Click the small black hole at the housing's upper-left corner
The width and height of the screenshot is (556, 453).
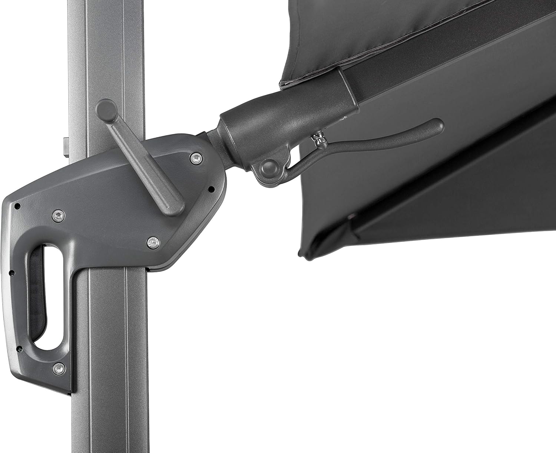(x=17, y=205)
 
